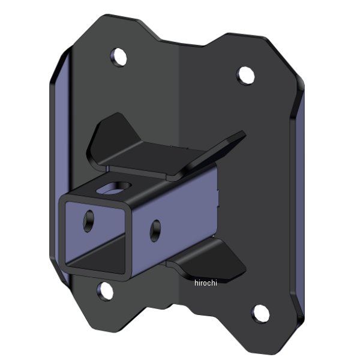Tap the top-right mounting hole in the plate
point(245,74)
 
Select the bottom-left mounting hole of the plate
point(106,292)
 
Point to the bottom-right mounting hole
point(259,313)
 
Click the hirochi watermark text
point(205,283)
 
